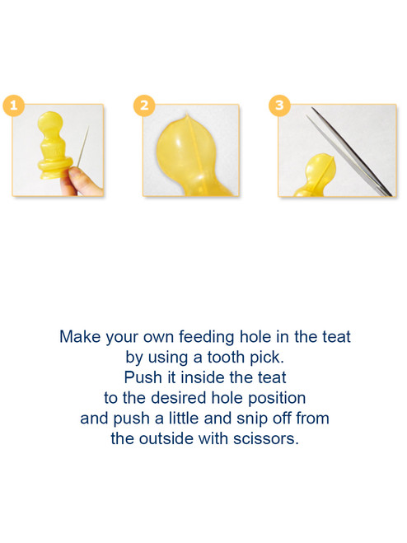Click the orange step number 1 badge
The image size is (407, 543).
coord(14,105)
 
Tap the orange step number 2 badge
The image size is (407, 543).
coord(144,105)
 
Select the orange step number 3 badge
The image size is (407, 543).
coord(279,105)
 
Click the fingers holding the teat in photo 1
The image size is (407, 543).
coord(77,181)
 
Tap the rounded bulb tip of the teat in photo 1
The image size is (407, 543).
coord(50,123)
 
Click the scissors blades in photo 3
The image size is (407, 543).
coord(350,152)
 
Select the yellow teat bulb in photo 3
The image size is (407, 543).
coord(321,171)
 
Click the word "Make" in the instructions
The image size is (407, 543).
coord(80,337)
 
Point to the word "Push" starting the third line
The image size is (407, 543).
coord(143,377)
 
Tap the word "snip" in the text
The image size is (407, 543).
coord(252,419)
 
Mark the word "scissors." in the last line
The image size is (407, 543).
coord(265,438)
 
